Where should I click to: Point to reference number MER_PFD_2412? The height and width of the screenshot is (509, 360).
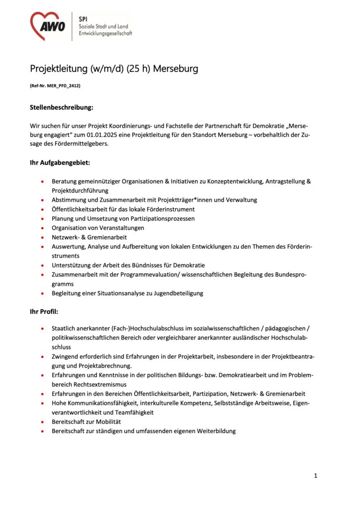[62, 85]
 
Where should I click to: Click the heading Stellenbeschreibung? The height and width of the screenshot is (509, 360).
[62, 107]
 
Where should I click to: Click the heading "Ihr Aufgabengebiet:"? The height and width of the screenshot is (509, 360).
[60, 163]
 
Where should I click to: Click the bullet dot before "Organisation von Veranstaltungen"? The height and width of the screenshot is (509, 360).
[43, 228]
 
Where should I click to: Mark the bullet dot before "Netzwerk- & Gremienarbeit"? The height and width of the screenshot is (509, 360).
[43, 238]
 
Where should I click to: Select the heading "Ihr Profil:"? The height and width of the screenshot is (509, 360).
[44, 312]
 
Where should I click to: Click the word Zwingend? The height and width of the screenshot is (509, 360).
[67, 357]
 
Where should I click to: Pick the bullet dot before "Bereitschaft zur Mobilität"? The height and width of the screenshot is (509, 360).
[43, 422]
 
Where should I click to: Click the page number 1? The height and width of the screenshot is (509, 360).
[315, 476]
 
